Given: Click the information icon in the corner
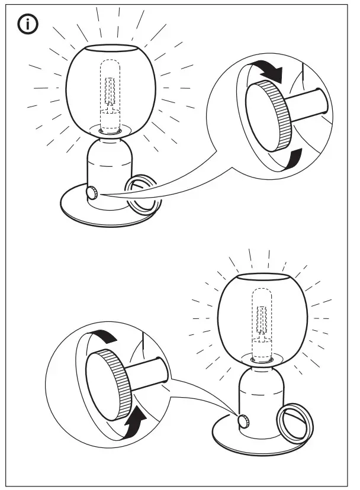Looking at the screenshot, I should pos(27,24).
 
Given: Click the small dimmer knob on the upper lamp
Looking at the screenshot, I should pos(92,193).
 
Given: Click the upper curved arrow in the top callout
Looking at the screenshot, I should pos(269,72).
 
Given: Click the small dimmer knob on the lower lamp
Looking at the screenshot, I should pos(243,421).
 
